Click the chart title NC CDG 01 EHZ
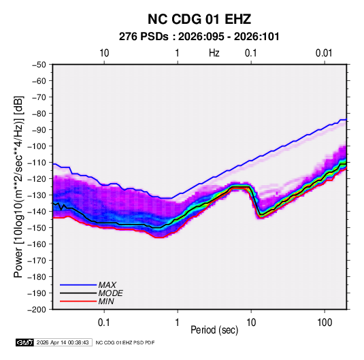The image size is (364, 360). (x=199, y=19)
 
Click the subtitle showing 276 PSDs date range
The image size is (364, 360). (x=199, y=37)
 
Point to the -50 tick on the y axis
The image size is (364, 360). (x=39, y=65)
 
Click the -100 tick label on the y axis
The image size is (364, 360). (x=37, y=146)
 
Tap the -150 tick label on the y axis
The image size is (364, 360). (x=37, y=228)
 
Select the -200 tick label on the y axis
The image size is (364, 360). (x=37, y=310)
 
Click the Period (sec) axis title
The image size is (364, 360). (x=214, y=330)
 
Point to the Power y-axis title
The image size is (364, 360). (x=18, y=186)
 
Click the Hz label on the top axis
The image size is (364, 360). (x=214, y=53)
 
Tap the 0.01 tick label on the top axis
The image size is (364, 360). (x=324, y=53)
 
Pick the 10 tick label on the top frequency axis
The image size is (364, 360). (x=104, y=53)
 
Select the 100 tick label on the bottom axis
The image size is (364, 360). (x=325, y=323)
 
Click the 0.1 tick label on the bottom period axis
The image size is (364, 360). (x=104, y=323)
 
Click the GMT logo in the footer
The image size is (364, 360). (x=25, y=342)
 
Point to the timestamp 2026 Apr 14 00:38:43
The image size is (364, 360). (x=63, y=342)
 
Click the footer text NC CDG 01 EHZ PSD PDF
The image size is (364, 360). (x=125, y=342)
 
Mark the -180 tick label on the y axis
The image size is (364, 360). (x=37, y=277)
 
